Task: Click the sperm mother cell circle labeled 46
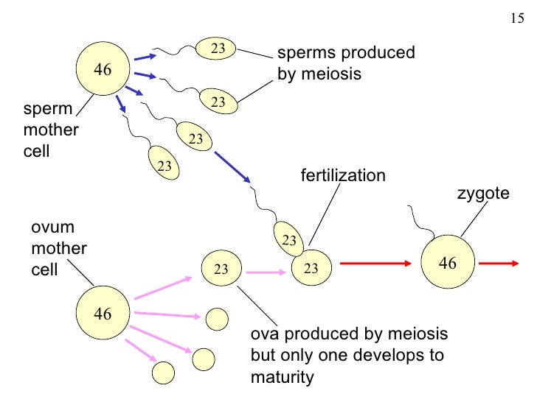pyautogui.click(x=103, y=71)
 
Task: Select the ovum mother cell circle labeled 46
pyautogui.click(x=103, y=314)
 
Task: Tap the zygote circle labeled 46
pyautogui.click(x=447, y=262)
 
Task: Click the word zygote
pyautogui.click(x=484, y=194)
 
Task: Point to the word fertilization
pyautogui.click(x=342, y=176)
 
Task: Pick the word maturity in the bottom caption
pyautogui.click(x=283, y=378)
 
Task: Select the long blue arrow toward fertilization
pyautogui.click(x=232, y=168)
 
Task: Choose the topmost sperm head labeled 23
pyautogui.click(x=217, y=49)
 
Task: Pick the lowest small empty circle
pyautogui.click(x=163, y=373)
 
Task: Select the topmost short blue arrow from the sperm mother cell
pyautogui.click(x=145, y=57)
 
